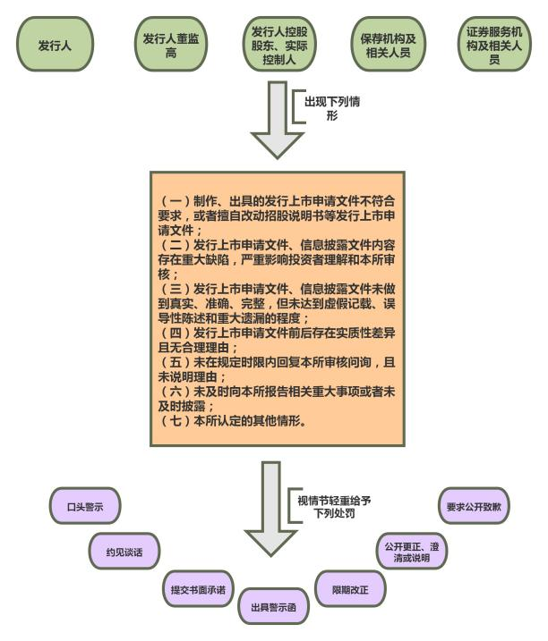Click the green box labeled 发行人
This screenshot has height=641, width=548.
point(55,44)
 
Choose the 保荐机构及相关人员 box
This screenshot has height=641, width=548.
point(384,44)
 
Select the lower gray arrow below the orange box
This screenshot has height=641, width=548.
point(274,505)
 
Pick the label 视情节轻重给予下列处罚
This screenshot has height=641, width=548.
point(333,507)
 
